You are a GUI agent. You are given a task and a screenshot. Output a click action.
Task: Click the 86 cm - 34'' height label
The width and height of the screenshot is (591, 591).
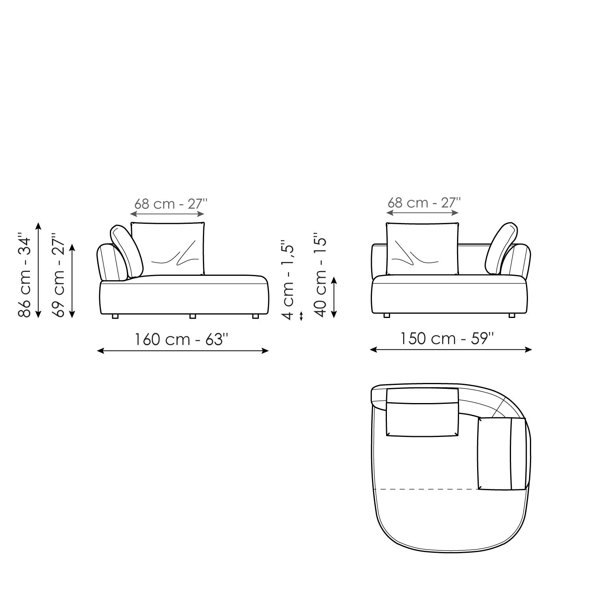[x=24, y=277]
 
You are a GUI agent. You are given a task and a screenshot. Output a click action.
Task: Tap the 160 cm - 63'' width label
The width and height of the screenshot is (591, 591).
[x=182, y=339]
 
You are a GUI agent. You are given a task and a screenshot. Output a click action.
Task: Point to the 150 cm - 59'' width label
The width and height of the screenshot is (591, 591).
[x=447, y=338]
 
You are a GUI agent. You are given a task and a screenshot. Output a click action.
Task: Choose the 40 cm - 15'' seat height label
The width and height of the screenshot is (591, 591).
[x=321, y=277]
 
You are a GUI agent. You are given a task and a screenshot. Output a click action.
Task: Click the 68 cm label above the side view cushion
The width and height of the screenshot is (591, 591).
[x=171, y=204]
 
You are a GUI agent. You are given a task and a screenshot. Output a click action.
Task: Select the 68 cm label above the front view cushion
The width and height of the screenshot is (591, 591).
[x=424, y=203]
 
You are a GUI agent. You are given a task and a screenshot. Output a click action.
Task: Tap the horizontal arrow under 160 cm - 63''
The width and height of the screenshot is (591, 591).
[x=183, y=351]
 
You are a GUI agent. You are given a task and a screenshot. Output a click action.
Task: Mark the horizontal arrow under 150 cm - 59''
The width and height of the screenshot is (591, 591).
[x=451, y=349]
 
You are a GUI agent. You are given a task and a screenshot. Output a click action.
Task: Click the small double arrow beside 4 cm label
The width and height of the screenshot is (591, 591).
[x=301, y=316]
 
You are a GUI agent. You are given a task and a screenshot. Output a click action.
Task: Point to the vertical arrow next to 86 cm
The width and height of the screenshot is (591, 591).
[x=38, y=270]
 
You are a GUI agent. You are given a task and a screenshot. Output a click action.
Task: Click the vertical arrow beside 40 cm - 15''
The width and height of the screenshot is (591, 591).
[x=334, y=297]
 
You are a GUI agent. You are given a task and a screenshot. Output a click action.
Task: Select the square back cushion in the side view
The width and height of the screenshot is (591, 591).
[x=168, y=249]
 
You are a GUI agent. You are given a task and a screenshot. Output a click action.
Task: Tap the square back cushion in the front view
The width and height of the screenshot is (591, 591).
[x=422, y=249]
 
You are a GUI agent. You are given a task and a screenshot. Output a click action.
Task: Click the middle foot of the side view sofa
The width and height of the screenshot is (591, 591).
[x=192, y=316]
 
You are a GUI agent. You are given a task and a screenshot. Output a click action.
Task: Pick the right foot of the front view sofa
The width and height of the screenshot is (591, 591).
[x=512, y=315]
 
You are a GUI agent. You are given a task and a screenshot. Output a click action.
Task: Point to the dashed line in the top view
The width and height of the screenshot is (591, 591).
[x=426, y=489]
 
